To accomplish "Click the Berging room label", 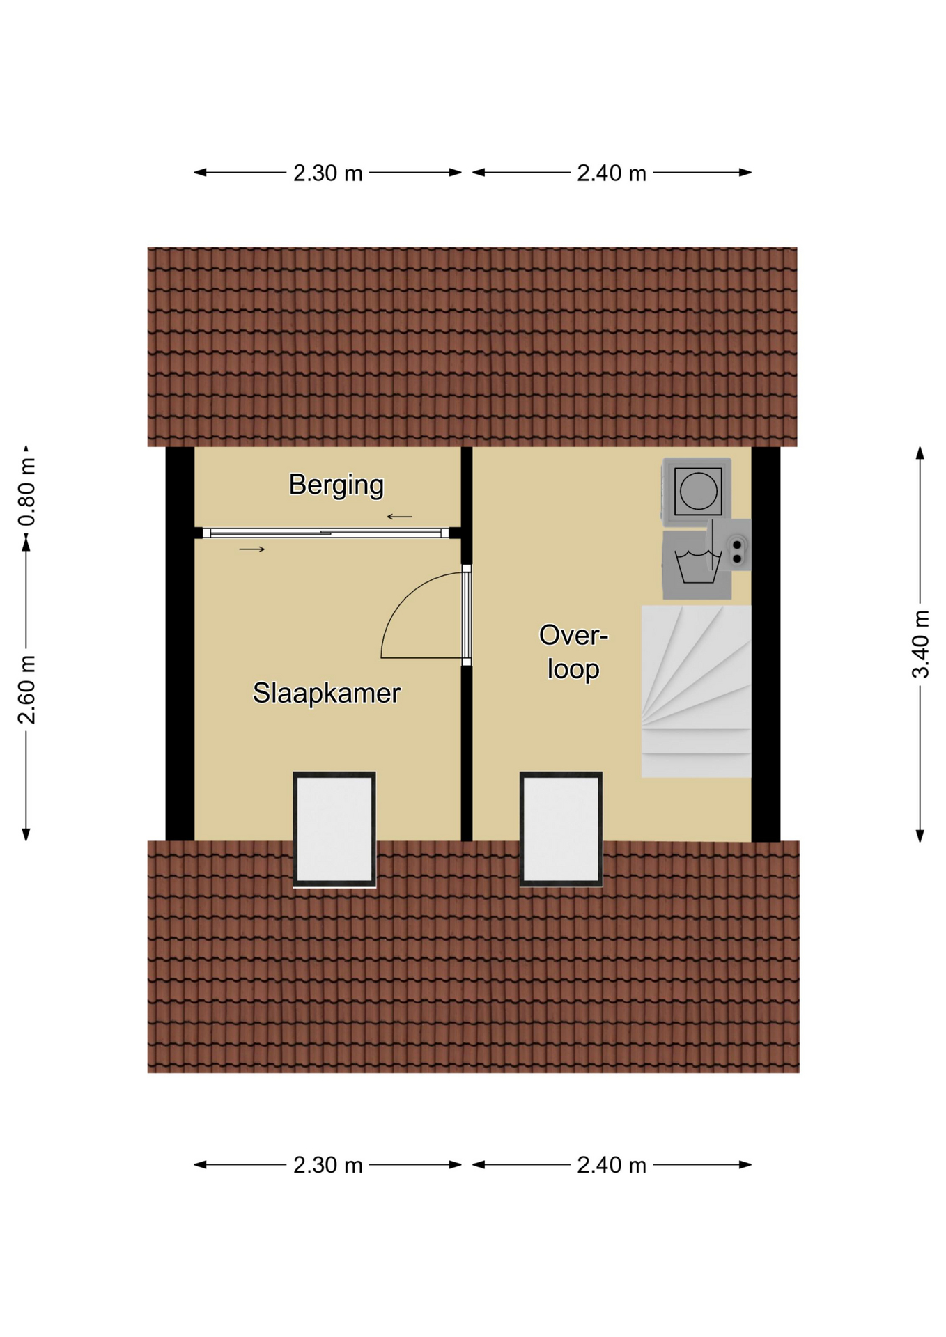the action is pyautogui.click(x=336, y=485).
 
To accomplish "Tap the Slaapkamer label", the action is pyautogui.click(x=326, y=693).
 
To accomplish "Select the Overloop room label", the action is pyautogui.click(x=573, y=652).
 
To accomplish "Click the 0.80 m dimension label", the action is pyautogui.click(x=27, y=492).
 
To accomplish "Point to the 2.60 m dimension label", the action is pyautogui.click(x=27, y=689).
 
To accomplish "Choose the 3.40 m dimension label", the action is pyautogui.click(x=920, y=643).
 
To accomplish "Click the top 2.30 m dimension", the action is pyautogui.click(x=327, y=173).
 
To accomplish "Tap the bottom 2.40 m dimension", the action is pyautogui.click(x=612, y=1165).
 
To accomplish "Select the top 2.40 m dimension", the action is pyautogui.click(x=612, y=173).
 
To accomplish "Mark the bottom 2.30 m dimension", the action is pyautogui.click(x=327, y=1165).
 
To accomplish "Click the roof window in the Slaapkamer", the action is pyautogui.click(x=334, y=829).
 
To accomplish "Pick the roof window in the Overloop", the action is pyautogui.click(x=561, y=829).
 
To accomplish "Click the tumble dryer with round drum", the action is pyautogui.click(x=697, y=490).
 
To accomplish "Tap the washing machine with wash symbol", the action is pyautogui.click(x=696, y=565).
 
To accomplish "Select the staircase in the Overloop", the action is pyautogui.click(x=696, y=691).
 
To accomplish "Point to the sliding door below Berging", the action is pyautogui.click(x=325, y=533).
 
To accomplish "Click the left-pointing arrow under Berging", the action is pyautogui.click(x=400, y=517).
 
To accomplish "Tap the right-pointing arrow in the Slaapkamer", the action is pyautogui.click(x=252, y=549).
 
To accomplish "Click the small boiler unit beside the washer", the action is pyautogui.click(x=730, y=545).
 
